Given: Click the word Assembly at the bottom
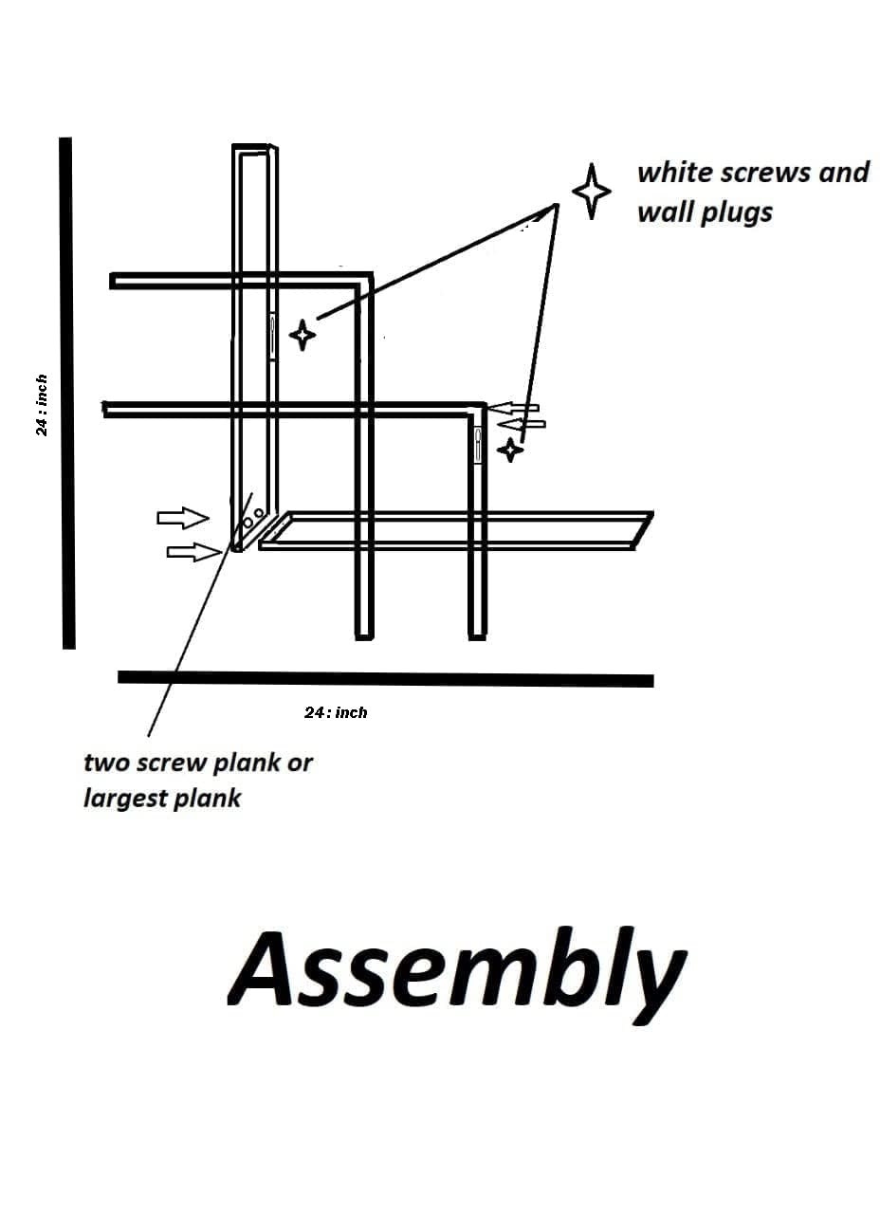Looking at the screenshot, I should [x=456, y=970].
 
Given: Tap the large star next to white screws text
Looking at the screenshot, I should [x=592, y=191].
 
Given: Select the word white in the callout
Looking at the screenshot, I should [x=674, y=173].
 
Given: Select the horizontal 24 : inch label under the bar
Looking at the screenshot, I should [x=336, y=711].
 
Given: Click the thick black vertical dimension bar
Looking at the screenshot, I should [x=67, y=393].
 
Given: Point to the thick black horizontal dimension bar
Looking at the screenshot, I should [x=385, y=679].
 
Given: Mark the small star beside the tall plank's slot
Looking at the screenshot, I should [x=302, y=335].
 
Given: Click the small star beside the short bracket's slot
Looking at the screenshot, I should [x=511, y=449].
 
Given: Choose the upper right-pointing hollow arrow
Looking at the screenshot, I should [x=183, y=517].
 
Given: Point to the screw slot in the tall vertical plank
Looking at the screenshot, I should [x=273, y=338].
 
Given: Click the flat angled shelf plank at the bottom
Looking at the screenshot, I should [x=455, y=530].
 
